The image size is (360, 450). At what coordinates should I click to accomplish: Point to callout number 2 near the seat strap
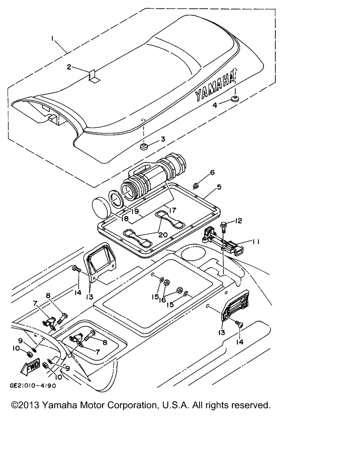69,67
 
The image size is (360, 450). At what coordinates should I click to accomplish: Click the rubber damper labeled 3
144,146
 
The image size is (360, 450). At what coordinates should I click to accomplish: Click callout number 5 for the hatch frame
219,187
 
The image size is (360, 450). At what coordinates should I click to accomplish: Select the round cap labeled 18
101,205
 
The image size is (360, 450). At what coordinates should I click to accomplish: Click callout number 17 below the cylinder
172,211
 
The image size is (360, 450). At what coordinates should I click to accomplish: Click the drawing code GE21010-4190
33,385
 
